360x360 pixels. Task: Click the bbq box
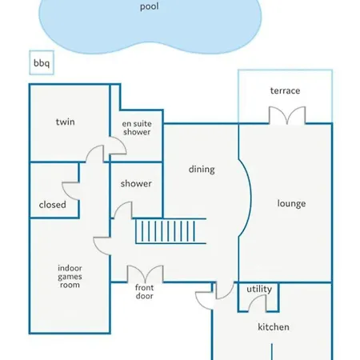42,62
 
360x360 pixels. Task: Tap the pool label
150,6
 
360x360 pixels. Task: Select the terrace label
285,90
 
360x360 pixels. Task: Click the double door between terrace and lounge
287,115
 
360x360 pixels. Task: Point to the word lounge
291,203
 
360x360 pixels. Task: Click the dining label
202,170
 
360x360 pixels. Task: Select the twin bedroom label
66,122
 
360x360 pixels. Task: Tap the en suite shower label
137,128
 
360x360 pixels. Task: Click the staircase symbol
170,231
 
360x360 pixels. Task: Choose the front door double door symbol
146,274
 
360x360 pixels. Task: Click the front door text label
144,292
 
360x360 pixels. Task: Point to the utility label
259,289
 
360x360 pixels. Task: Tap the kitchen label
274,327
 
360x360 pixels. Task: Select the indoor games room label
70,277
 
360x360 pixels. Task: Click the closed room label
53,205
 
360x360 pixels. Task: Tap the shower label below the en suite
136,183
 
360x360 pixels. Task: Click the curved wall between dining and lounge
250,198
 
